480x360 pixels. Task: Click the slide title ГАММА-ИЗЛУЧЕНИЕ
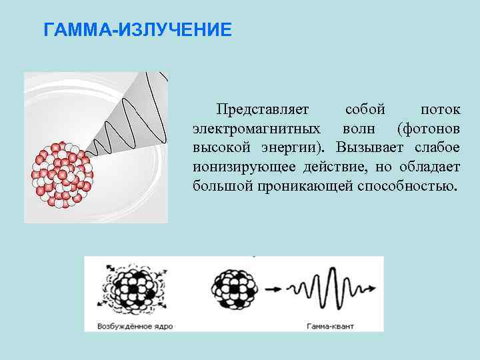(x=137, y=31)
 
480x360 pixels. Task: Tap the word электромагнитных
(x=255, y=127)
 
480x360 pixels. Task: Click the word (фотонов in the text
(x=428, y=127)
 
